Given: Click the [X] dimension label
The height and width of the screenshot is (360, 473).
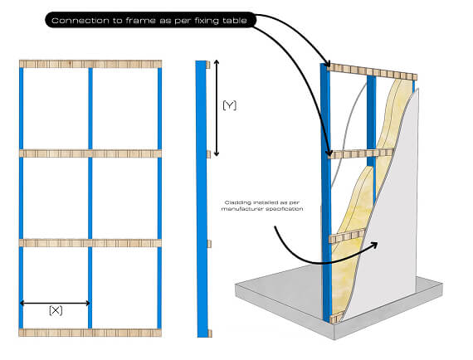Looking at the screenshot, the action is click(56, 310).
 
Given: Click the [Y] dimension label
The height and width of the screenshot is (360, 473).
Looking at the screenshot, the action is click(229, 105).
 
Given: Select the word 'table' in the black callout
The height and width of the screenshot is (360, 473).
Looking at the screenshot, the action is click(235, 21).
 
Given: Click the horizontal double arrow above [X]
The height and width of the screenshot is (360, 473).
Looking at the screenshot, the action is click(55, 303).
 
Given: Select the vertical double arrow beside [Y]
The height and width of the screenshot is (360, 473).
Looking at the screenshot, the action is click(217, 108).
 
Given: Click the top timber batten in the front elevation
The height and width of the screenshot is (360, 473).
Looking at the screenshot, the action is click(90, 64).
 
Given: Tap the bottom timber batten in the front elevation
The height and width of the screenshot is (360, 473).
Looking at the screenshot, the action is click(90, 333).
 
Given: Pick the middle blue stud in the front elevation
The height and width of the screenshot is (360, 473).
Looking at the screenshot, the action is click(90, 198).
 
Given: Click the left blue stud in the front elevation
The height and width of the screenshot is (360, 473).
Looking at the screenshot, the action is click(21, 198).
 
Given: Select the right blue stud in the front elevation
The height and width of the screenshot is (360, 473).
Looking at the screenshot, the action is click(159, 198).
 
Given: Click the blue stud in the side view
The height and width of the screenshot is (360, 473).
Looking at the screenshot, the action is click(202, 199).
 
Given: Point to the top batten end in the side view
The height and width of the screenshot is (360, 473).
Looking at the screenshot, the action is click(208, 65).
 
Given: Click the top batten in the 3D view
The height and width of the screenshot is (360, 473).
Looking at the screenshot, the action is click(372, 72).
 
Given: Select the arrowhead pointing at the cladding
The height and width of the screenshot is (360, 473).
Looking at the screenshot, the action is click(373, 245).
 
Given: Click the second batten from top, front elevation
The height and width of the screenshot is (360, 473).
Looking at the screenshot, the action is click(90, 153).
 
